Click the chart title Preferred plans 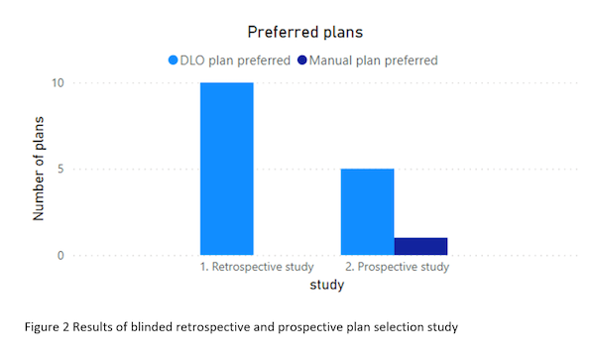[x=305, y=33]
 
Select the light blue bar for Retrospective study [x=227, y=169]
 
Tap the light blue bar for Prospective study [x=367, y=211]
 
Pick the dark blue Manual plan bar [x=420, y=246]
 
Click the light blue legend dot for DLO [x=173, y=60]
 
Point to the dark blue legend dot [x=302, y=60]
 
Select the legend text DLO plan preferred [x=235, y=60]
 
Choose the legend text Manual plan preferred [x=374, y=60]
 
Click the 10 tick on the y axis [x=58, y=82]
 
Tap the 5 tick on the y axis [x=60, y=169]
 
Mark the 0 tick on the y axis [x=60, y=255]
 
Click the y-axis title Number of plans [x=39, y=169]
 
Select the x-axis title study [x=326, y=285]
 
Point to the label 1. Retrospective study [x=257, y=267]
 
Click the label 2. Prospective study [x=397, y=267]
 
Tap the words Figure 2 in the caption [x=47, y=327]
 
